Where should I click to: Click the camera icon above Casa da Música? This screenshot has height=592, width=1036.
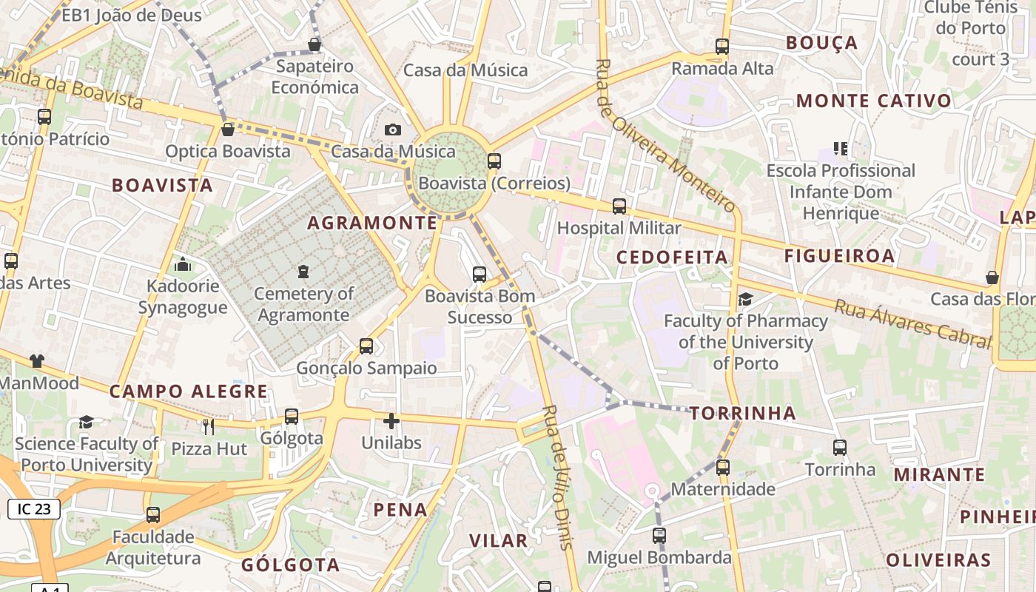(x=393, y=130)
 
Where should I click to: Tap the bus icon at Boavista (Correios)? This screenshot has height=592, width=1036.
(x=494, y=161)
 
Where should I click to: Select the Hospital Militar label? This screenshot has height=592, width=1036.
(x=619, y=228)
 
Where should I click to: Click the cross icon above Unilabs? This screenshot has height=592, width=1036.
(x=391, y=422)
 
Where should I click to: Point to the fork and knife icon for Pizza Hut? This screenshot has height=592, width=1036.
(x=209, y=426)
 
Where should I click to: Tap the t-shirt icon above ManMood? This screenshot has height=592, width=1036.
(x=37, y=361)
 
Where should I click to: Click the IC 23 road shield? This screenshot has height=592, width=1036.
(x=34, y=509)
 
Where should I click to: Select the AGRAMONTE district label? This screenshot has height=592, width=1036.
(x=372, y=223)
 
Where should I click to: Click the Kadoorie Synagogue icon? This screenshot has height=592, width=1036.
(x=183, y=264)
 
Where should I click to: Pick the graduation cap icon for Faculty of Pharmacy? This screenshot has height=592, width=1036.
(x=745, y=299)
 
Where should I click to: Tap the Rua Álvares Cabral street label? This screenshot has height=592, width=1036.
(x=912, y=324)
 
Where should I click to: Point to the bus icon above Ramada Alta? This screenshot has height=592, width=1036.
(x=722, y=47)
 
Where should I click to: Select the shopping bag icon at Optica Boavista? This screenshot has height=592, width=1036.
(x=228, y=129)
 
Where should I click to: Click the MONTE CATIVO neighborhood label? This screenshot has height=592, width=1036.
(x=874, y=101)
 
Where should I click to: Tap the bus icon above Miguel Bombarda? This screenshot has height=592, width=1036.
(x=659, y=536)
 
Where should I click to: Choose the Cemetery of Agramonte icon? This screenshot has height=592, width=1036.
(x=303, y=272)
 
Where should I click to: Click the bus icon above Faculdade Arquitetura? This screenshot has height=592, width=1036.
(x=153, y=515)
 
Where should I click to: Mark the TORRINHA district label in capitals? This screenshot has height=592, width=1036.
(x=743, y=414)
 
